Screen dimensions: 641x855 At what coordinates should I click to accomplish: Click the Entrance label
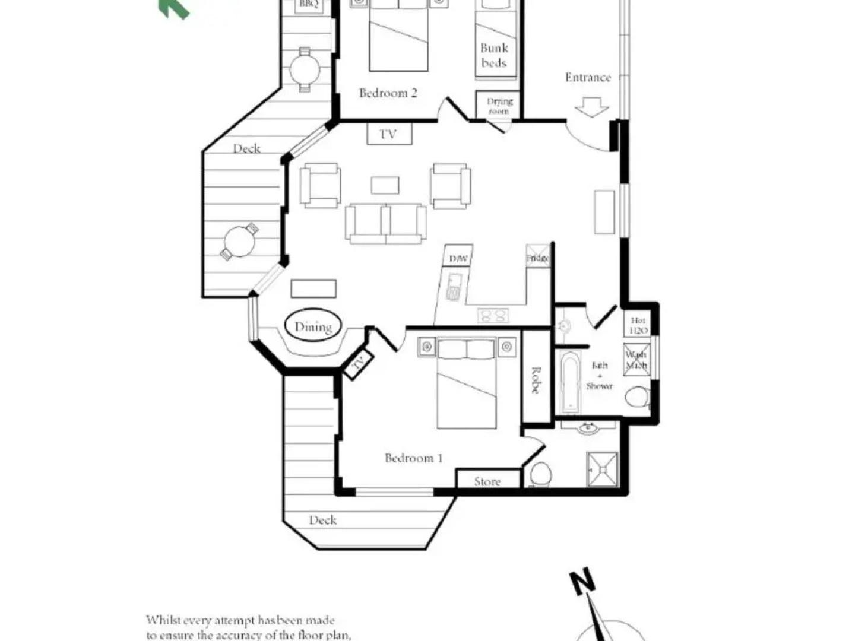point(587,77)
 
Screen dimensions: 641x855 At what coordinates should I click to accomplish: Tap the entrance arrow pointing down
point(592,107)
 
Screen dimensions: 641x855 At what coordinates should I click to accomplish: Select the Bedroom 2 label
point(388,93)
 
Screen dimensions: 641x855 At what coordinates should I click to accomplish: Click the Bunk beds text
point(494,55)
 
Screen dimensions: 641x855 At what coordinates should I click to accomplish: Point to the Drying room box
point(498,105)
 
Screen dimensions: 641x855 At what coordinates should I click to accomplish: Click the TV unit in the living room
point(389,134)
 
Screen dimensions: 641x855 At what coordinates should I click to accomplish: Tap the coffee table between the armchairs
point(385,185)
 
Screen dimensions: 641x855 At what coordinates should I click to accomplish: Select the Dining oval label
point(313,326)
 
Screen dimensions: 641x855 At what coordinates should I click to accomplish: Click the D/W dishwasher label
point(458,258)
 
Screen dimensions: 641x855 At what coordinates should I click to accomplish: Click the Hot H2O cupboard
point(638,325)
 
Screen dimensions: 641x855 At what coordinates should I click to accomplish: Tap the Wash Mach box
point(636,360)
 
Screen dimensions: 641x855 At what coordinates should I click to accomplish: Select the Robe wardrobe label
point(536,380)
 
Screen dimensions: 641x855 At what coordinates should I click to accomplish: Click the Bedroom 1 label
point(413,458)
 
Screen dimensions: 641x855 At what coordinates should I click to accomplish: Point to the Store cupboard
point(487,481)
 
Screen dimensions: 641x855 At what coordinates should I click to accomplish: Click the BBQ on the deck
point(309,5)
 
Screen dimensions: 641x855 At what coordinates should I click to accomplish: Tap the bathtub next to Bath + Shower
point(571,382)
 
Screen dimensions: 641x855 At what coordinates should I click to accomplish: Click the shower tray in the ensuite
point(602,469)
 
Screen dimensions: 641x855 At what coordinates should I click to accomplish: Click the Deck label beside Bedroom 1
point(323,520)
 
